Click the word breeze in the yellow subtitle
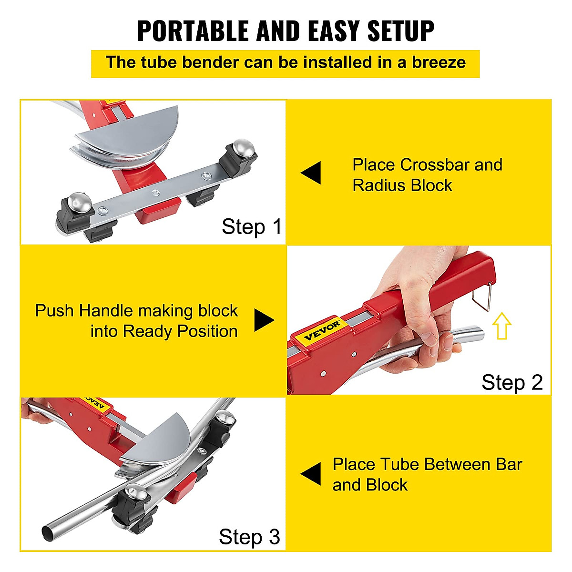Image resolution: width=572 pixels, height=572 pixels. [439, 62]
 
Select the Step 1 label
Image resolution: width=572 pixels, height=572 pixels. [252, 227]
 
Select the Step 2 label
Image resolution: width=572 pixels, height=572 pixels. [512, 382]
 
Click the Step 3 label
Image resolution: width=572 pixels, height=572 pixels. [249, 537]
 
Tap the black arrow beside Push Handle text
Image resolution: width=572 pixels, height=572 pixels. [264, 320]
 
